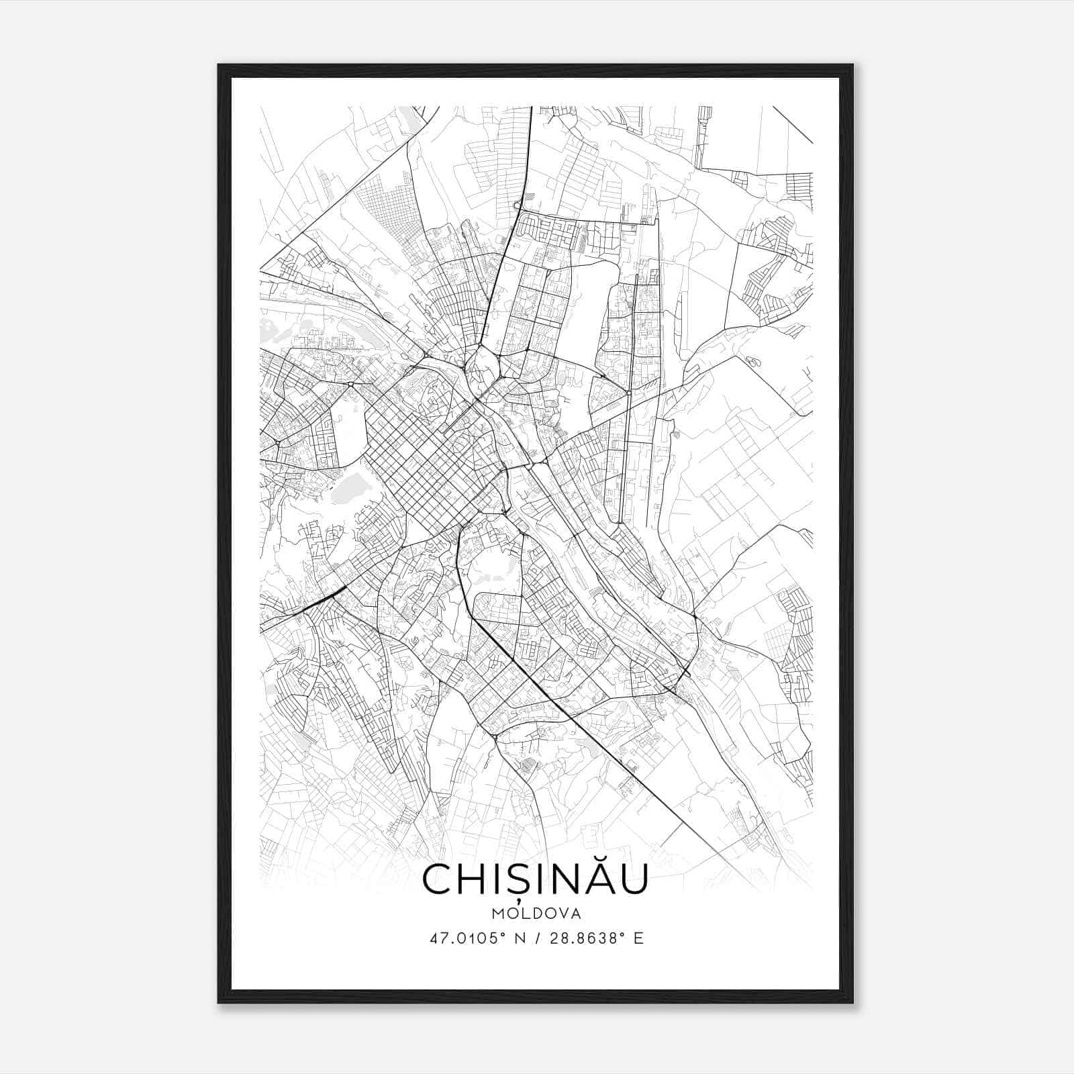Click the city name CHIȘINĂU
(x=535, y=879)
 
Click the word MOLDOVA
(x=535, y=913)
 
